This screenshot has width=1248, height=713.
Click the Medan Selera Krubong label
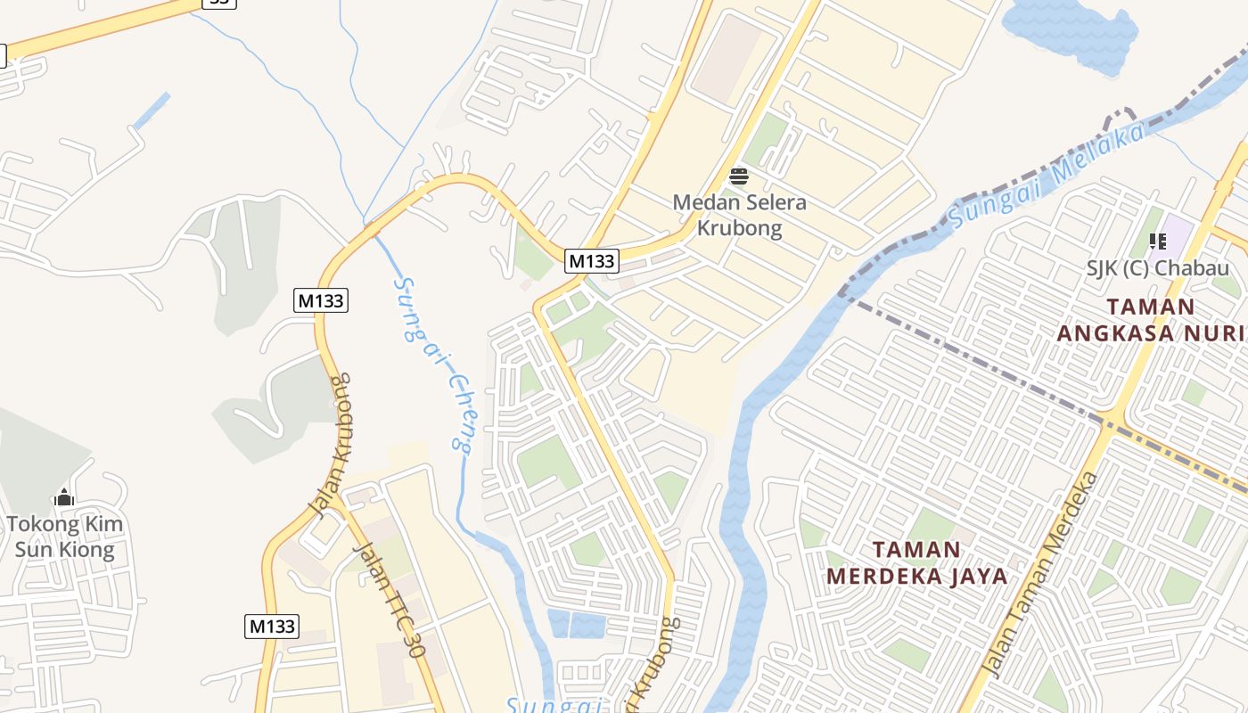tap(739, 215)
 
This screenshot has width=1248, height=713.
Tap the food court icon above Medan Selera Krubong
tap(738, 176)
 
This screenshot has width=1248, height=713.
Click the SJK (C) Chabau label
tap(1157, 267)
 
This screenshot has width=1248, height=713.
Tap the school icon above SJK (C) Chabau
tap(1158, 241)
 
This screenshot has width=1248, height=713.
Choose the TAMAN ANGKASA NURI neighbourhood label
tap(1151, 320)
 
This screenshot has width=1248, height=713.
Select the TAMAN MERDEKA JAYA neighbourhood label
tap(917, 562)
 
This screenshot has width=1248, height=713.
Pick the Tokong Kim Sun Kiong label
tap(65, 536)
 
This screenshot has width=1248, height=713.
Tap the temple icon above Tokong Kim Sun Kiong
tap(64, 497)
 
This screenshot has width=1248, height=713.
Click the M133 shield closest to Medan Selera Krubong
tap(592, 261)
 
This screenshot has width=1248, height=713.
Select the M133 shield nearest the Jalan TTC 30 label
tap(271, 626)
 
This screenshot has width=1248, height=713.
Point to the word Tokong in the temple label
tap(41, 524)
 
